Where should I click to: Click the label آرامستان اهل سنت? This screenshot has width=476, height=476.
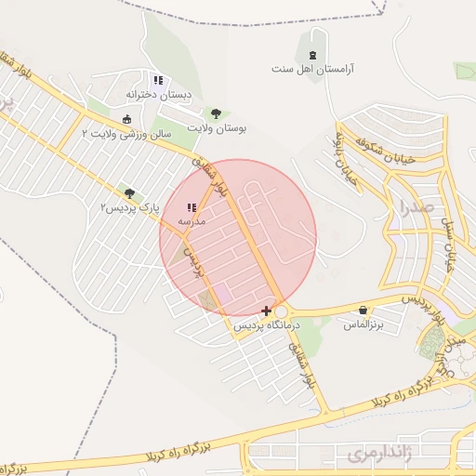[x=313, y=69]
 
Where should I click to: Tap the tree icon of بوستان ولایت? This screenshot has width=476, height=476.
[x=216, y=112]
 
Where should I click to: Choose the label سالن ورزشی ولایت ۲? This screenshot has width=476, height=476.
[x=127, y=134]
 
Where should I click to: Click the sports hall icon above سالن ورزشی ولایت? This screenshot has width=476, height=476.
[x=127, y=119]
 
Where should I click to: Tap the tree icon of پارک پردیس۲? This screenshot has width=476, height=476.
[x=128, y=193]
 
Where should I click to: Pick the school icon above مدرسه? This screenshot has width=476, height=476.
[x=191, y=207]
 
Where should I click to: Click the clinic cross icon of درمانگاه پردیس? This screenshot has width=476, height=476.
[x=268, y=310]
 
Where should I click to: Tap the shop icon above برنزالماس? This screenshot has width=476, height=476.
[x=363, y=310]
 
